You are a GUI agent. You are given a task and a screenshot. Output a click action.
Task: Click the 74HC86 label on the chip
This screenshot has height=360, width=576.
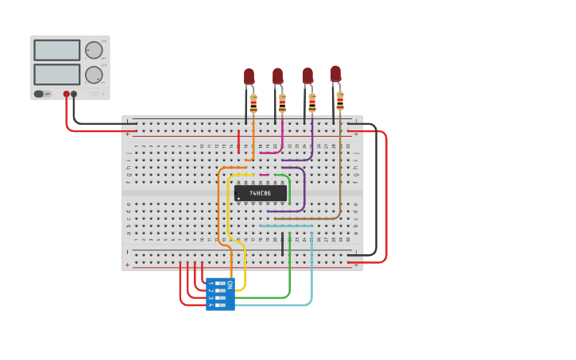click(x=260, y=193)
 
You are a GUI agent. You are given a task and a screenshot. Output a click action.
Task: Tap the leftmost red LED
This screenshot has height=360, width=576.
click(x=249, y=76)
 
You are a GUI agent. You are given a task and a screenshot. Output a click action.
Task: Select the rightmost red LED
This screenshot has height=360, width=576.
click(x=335, y=74)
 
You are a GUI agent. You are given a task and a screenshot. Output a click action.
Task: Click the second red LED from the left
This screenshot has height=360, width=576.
click(x=277, y=75)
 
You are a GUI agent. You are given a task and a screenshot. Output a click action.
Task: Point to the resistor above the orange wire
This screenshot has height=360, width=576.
click(x=253, y=104)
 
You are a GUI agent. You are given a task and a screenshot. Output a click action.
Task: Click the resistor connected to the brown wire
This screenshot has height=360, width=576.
click(x=340, y=101)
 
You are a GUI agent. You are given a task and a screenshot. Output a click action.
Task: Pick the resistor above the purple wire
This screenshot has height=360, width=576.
click(x=311, y=103)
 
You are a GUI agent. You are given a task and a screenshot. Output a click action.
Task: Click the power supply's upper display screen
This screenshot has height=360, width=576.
click(x=56, y=50)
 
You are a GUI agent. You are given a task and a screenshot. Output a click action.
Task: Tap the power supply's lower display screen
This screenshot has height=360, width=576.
click(x=56, y=74)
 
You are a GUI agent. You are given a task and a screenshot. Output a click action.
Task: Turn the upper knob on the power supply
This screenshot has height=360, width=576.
click(x=94, y=50)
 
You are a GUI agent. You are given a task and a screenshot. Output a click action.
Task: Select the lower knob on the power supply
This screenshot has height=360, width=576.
click(x=94, y=75)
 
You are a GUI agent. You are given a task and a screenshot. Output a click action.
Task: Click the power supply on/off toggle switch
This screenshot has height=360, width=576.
click(x=39, y=94)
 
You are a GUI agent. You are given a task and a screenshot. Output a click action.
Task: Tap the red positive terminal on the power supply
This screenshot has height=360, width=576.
click(x=66, y=94)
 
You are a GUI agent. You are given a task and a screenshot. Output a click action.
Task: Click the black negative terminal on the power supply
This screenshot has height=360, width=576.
click(x=74, y=94)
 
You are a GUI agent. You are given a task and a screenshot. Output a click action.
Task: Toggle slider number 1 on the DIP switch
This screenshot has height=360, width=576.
click(x=220, y=284)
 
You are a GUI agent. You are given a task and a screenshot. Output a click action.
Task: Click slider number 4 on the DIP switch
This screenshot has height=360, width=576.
click(x=220, y=305)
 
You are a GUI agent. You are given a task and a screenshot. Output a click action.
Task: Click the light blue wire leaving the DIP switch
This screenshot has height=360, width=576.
click(x=278, y=305)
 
